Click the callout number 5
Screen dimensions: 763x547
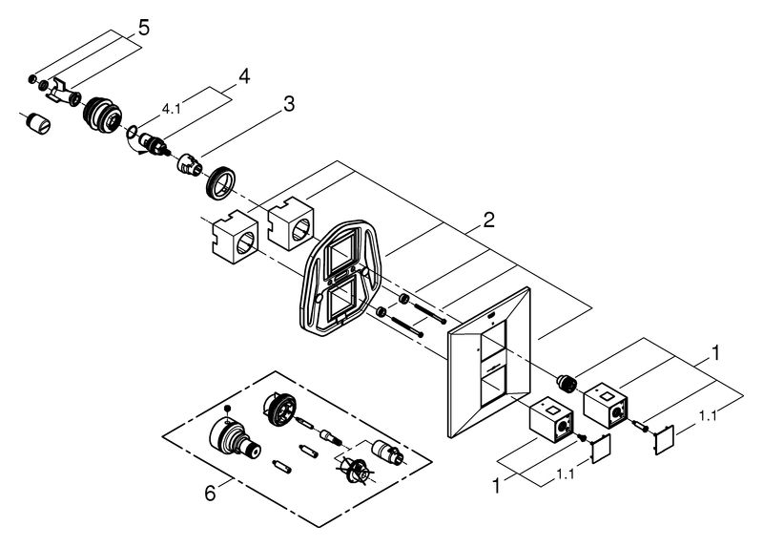pyautogui.click(x=144, y=28)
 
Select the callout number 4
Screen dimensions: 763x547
pyautogui.click(x=244, y=76)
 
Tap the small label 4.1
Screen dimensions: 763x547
pyautogui.click(x=171, y=109)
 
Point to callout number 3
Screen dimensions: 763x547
pyautogui.click(x=289, y=104)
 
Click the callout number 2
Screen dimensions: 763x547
pyautogui.click(x=488, y=221)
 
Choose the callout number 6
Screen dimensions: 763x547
pyautogui.click(x=210, y=494)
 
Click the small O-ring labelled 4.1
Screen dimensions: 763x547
pyautogui.click(x=132, y=131)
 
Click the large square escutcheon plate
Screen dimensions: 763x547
pyautogui.click(x=488, y=363)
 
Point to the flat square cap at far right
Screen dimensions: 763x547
pyautogui.click(x=664, y=440)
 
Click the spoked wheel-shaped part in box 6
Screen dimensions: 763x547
pyautogui.click(x=355, y=470)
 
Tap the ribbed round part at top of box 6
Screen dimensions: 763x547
pyautogui.click(x=279, y=409)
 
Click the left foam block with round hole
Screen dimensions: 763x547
pyautogui.click(x=235, y=237)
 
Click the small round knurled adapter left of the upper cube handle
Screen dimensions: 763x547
pyautogui.click(x=567, y=382)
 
